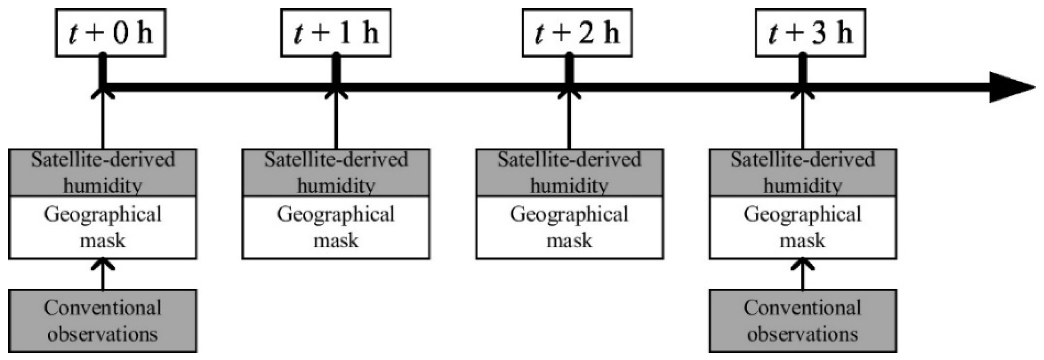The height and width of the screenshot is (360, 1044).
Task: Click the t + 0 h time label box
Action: (x=111, y=33)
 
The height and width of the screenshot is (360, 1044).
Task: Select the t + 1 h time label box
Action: (x=336, y=33)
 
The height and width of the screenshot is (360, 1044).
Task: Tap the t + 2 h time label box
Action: (x=577, y=33)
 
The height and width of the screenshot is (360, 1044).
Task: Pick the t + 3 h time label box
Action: (x=810, y=33)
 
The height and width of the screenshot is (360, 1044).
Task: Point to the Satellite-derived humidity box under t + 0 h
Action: (x=103, y=173)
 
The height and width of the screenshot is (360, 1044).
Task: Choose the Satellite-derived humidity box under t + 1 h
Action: (x=336, y=173)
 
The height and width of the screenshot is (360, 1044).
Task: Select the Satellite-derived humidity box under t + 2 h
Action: (x=570, y=173)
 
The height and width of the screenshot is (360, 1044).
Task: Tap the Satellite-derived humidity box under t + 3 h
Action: (x=803, y=173)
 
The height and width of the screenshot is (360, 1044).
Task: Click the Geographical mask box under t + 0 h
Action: (x=103, y=228)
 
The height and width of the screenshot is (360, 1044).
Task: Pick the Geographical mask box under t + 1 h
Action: (x=336, y=228)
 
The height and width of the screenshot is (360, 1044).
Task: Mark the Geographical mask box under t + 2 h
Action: (x=570, y=228)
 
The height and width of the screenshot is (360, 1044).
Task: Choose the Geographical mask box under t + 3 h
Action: (x=803, y=228)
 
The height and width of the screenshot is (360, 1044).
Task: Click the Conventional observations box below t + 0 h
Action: (x=103, y=321)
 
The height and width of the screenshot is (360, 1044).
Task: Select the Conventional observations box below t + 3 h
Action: (x=803, y=321)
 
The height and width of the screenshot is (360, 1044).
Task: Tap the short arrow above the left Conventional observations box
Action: (x=103, y=274)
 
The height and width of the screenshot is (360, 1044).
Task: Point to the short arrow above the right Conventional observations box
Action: (x=803, y=274)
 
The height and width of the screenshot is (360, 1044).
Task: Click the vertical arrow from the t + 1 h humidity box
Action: (x=336, y=121)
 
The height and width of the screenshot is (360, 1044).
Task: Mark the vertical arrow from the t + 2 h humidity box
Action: (x=570, y=121)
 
